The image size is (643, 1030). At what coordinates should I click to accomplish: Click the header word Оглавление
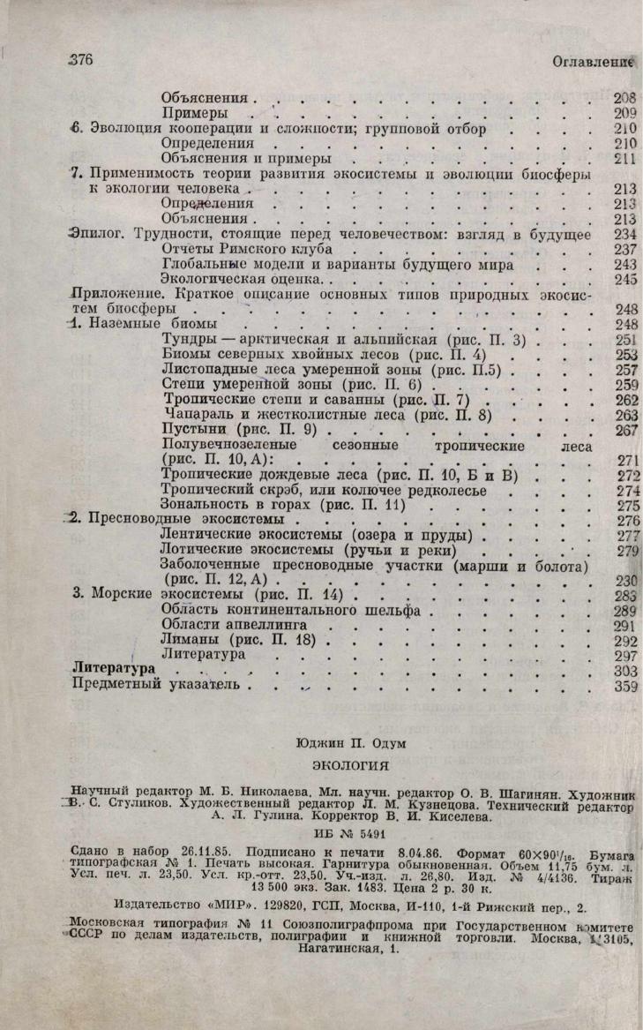[x=594, y=62]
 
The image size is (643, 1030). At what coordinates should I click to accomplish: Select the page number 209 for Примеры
[x=624, y=113]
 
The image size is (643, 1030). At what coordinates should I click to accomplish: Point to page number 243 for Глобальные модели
[x=625, y=264]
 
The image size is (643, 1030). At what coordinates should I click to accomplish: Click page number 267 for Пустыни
[x=625, y=430]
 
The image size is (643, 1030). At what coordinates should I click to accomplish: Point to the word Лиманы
[x=187, y=640]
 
